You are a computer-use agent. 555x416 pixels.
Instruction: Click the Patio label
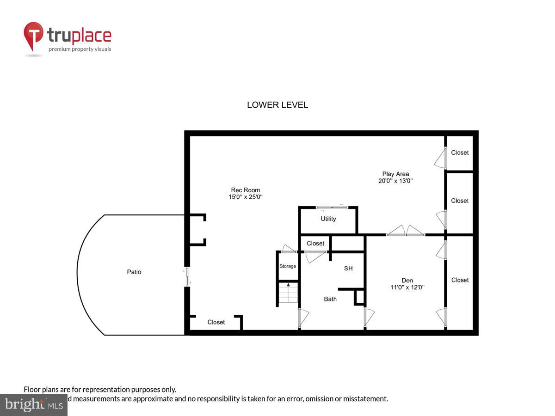coord(134,272)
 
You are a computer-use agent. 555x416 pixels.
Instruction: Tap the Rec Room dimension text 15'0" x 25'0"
coord(246,197)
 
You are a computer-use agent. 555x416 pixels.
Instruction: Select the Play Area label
coord(395,174)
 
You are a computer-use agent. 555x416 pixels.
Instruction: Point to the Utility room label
coord(328,219)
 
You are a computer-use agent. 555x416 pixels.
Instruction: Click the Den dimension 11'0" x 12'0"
coord(407,287)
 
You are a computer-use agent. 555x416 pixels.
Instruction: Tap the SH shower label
coord(348,268)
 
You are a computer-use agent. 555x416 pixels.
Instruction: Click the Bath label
coord(330,299)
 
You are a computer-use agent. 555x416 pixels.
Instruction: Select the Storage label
coord(287,266)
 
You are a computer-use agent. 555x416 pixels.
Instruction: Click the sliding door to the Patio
coord(187,276)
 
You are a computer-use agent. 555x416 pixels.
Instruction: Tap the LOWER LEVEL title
coord(277,105)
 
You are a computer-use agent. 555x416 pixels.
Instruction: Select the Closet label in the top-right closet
coord(460,153)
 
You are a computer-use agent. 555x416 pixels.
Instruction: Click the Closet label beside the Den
coord(460,280)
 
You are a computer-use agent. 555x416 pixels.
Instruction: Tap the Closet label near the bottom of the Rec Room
coord(216,322)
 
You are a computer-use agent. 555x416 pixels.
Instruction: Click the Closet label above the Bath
coord(315,243)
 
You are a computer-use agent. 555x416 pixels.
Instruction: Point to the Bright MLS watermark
coord(33,404)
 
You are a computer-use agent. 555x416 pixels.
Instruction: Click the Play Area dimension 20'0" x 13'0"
coord(395,181)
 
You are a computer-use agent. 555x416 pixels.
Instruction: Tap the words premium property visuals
coord(80,49)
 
